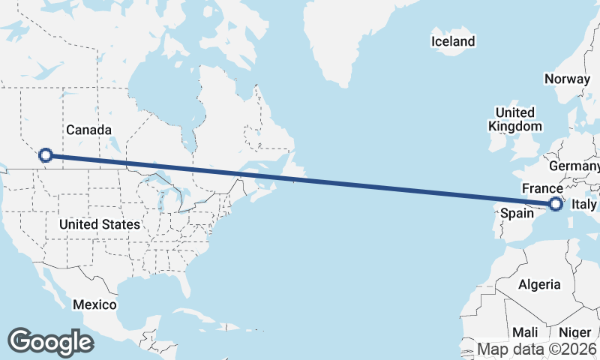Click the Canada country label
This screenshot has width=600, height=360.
coord(89,130)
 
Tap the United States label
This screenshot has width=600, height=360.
coord(99,224)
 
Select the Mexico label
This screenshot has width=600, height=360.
coord(94,304)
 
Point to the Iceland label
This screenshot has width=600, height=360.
coord(453,41)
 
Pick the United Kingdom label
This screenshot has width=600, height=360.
coord(514,119)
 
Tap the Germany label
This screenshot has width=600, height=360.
coord(574,165)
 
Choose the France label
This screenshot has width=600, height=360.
coord(542,188)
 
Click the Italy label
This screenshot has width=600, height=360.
coord(583,204)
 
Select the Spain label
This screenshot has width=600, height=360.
coord(517,214)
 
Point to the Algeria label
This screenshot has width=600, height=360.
coord(539,284)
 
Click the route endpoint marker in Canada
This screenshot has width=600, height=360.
coord(45,155)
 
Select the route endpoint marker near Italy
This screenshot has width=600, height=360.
coord(556,203)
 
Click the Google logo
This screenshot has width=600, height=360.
coord(50,342)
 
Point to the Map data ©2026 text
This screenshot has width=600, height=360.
coord(537,349)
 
